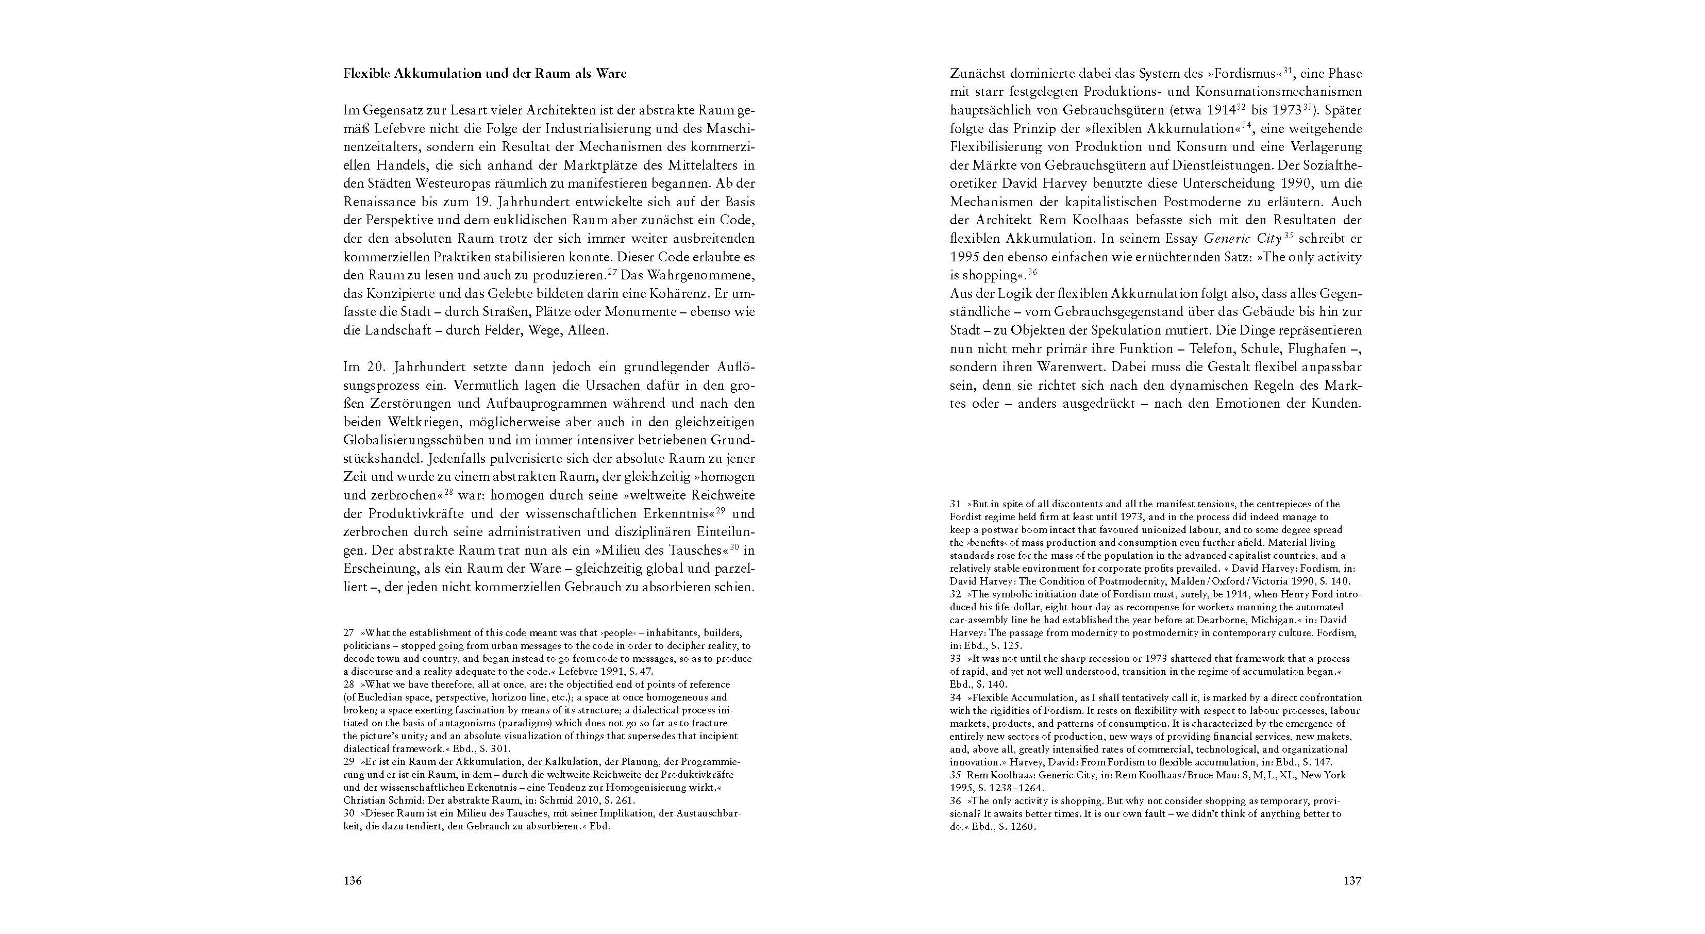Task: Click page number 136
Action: [352, 881]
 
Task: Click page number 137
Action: [1352, 881]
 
